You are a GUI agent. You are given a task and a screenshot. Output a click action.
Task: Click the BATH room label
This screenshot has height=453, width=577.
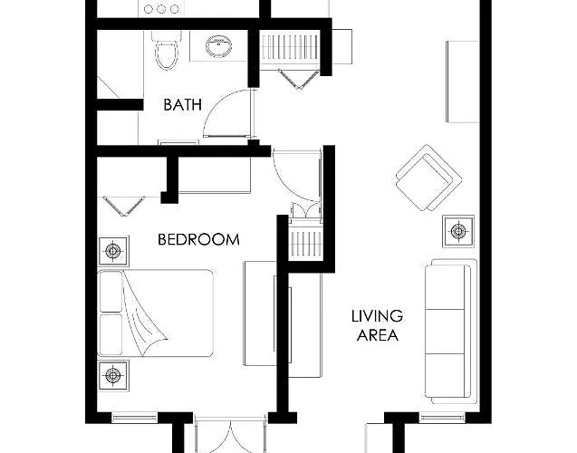[x=183, y=105]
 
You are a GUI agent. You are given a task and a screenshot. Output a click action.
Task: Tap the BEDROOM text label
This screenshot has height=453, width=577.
[x=198, y=239]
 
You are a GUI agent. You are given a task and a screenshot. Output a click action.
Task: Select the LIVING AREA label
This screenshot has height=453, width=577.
[x=377, y=325]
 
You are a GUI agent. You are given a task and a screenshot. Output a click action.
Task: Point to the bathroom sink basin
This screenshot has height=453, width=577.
[x=218, y=46]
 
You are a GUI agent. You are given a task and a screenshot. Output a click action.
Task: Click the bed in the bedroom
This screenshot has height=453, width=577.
[x=155, y=313]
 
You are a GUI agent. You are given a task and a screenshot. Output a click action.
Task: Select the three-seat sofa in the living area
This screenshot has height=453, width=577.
[x=451, y=332]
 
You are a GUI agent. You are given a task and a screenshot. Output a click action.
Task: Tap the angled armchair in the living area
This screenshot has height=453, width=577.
[x=428, y=178]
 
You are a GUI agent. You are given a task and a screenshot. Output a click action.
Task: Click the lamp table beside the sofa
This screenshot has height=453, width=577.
[x=458, y=231]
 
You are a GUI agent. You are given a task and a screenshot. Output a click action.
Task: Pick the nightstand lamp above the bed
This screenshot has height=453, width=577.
[x=113, y=251]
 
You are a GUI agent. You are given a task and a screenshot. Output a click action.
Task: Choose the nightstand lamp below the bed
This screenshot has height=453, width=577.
[x=113, y=375]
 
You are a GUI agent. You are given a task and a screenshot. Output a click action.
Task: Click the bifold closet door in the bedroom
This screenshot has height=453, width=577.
[x=124, y=206]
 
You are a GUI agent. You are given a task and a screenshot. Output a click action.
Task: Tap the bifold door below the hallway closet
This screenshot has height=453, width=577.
[x=298, y=79]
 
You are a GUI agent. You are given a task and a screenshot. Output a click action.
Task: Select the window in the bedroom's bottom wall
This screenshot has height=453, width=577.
[x=134, y=418]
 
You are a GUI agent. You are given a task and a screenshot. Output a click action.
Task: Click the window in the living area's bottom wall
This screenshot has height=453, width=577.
[x=442, y=418]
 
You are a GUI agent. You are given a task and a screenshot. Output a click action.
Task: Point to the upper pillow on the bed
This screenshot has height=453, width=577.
[x=111, y=291]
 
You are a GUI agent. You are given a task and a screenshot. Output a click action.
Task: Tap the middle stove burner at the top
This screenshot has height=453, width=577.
[x=161, y=9]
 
